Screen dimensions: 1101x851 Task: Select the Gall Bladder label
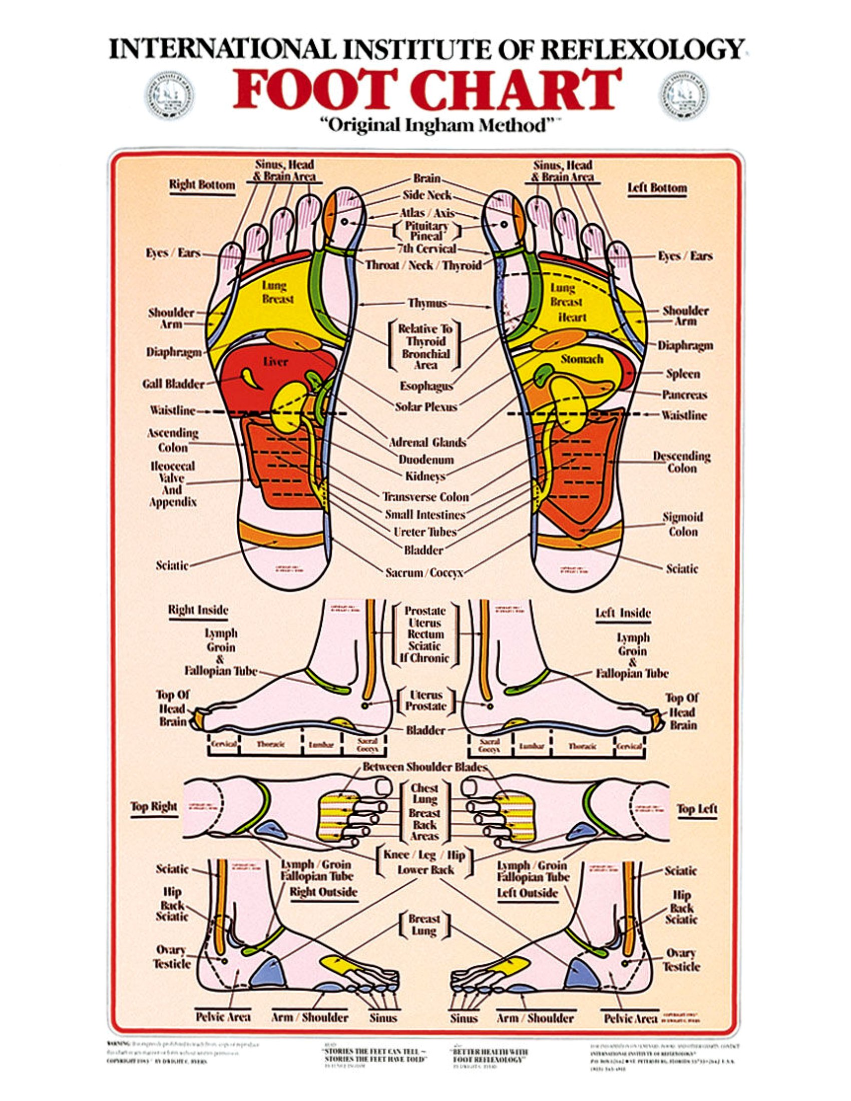(x=173, y=384)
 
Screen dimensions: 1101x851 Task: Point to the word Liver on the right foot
(x=275, y=361)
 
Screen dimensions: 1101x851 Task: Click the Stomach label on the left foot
(x=582, y=359)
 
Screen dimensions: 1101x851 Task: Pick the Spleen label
(x=683, y=373)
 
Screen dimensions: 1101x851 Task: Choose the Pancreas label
(x=684, y=395)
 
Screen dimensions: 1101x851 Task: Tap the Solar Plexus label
(x=426, y=406)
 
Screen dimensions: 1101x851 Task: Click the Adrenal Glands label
(x=427, y=442)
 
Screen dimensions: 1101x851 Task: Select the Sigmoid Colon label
(x=683, y=524)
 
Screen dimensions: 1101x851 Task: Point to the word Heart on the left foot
(x=572, y=317)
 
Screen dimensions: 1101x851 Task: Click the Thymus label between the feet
(x=427, y=303)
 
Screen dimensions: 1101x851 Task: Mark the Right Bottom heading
(x=202, y=185)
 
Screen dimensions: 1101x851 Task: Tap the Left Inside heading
(x=623, y=613)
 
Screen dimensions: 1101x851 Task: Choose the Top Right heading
(x=154, y=807)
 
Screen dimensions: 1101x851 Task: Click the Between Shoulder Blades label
(x=424, y=767)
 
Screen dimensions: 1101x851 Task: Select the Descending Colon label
(x=682, y=462)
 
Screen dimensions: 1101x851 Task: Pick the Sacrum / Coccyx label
(x=424, y=573)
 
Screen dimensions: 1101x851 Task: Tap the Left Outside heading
(x=527, y=893)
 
